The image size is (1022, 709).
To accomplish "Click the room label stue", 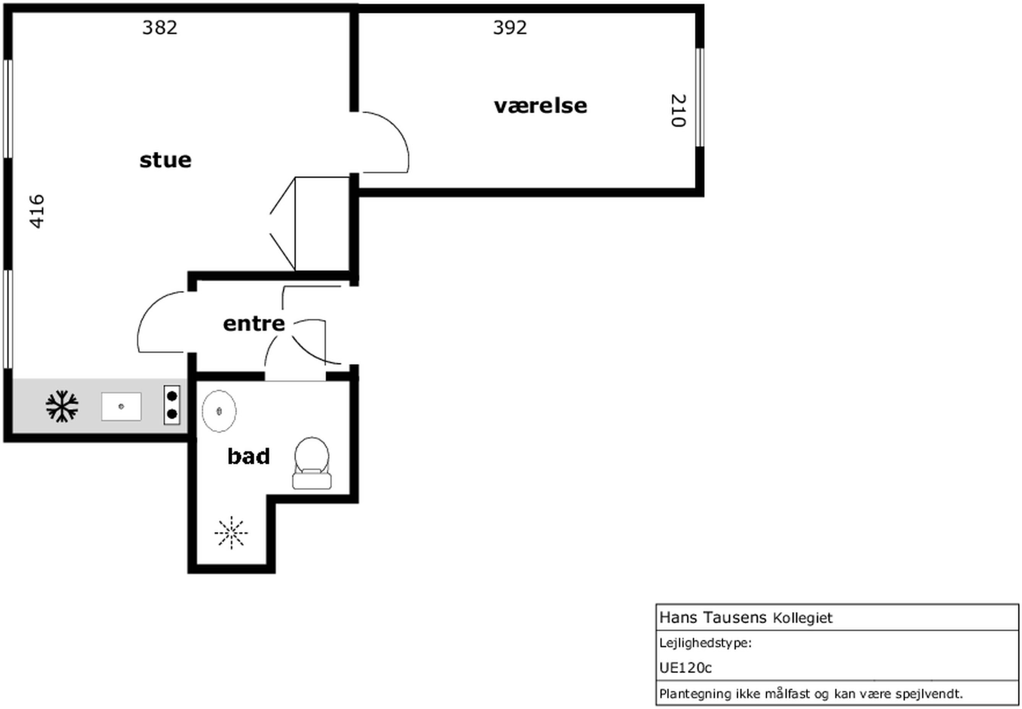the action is point(165,160).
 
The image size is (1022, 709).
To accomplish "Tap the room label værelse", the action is point(540,106).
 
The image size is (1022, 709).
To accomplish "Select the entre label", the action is point(254,323).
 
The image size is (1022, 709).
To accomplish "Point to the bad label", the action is point(249,456).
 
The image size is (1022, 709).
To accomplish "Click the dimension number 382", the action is point(160,28).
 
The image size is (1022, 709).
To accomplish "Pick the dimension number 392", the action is point(510,28).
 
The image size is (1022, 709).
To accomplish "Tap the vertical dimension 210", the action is point(678,110).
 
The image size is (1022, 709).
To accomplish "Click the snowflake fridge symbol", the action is point(62,406).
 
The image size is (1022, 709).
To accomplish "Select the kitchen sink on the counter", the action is point(121,406).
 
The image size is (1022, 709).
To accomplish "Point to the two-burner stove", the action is point(172,405).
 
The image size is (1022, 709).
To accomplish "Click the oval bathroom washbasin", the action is point(219,411).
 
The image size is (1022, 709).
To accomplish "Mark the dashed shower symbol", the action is point(231,533).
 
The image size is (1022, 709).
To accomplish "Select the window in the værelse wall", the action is point(699,97).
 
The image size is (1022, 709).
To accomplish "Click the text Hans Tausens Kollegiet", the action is point(746,618).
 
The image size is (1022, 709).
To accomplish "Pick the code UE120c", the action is point(686,668).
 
